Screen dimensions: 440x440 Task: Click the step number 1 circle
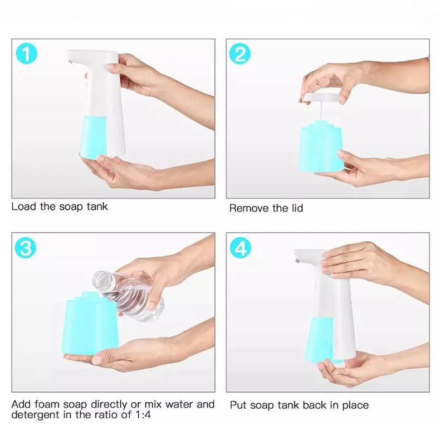point(27,53)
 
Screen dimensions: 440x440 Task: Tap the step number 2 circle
point(240,53)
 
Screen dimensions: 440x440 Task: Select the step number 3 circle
point(26,247)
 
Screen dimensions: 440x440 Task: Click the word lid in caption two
point(297,208)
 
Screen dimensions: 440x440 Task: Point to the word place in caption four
point(355,406)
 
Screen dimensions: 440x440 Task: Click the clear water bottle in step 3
point(129,296)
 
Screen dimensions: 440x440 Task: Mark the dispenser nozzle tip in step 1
point(69,61)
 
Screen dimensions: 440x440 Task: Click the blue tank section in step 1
point(94,138)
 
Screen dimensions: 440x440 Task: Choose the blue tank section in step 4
point(320,340)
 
